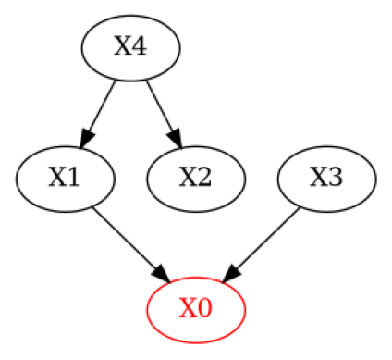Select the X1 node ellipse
point(65,178)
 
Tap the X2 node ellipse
point(196,178)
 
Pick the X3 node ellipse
point(327,178)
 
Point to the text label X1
point(65,178)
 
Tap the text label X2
point(196,178)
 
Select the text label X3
point(327,178)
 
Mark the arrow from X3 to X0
point(264,241)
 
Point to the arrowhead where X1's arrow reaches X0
point(162,274)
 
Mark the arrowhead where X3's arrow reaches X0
point(231,274)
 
